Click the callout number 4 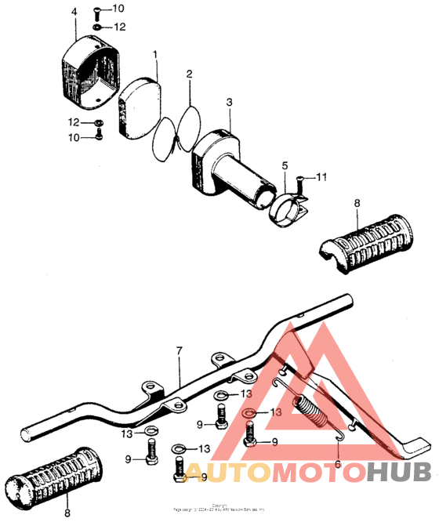(x=74, y=13)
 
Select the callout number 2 (x=190, y=74)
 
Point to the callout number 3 (x=229, y=103)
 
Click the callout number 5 (x=285, y=165)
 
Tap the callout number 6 (x=338, y=463)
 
